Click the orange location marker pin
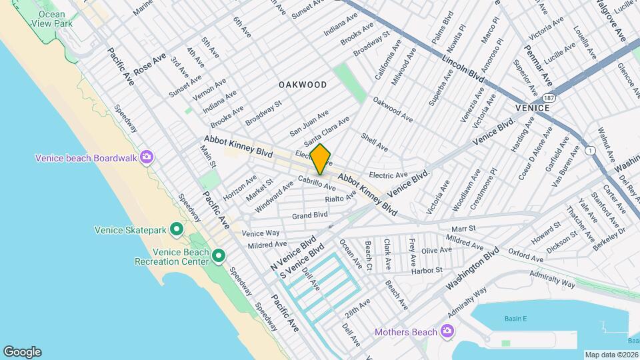321,159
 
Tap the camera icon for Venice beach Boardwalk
146,157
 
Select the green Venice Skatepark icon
177,230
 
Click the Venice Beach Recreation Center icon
218,255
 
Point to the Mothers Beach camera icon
448,332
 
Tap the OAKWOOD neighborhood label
303,85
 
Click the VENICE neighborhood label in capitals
532,107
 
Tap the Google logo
22,351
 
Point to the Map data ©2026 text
611,354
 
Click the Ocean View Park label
52,19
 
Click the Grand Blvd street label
310,215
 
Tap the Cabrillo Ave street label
317,183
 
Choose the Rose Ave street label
149,65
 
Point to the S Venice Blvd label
301,261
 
